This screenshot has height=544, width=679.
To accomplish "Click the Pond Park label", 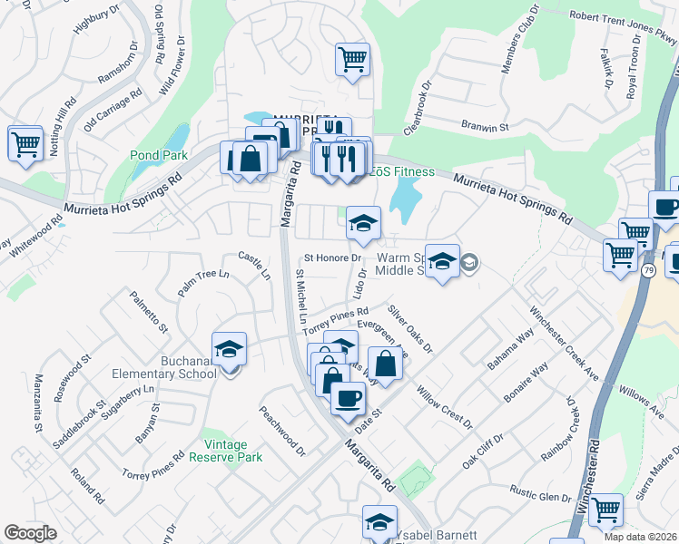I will click(158, 155).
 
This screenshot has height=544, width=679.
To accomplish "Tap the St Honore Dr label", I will click(333, 257).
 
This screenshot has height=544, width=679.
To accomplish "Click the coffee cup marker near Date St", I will click(348, 398).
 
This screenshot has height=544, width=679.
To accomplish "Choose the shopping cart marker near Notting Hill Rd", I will click(25, 143).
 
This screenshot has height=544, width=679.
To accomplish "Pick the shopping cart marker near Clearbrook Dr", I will click(352, 60).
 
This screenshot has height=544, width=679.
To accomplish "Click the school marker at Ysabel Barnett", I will click(379, 522).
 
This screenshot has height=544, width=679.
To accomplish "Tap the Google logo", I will click(30, 533).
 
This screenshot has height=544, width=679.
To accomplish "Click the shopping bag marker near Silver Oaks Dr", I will click(386, 364).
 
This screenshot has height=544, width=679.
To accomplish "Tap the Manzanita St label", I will click(39, 402).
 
